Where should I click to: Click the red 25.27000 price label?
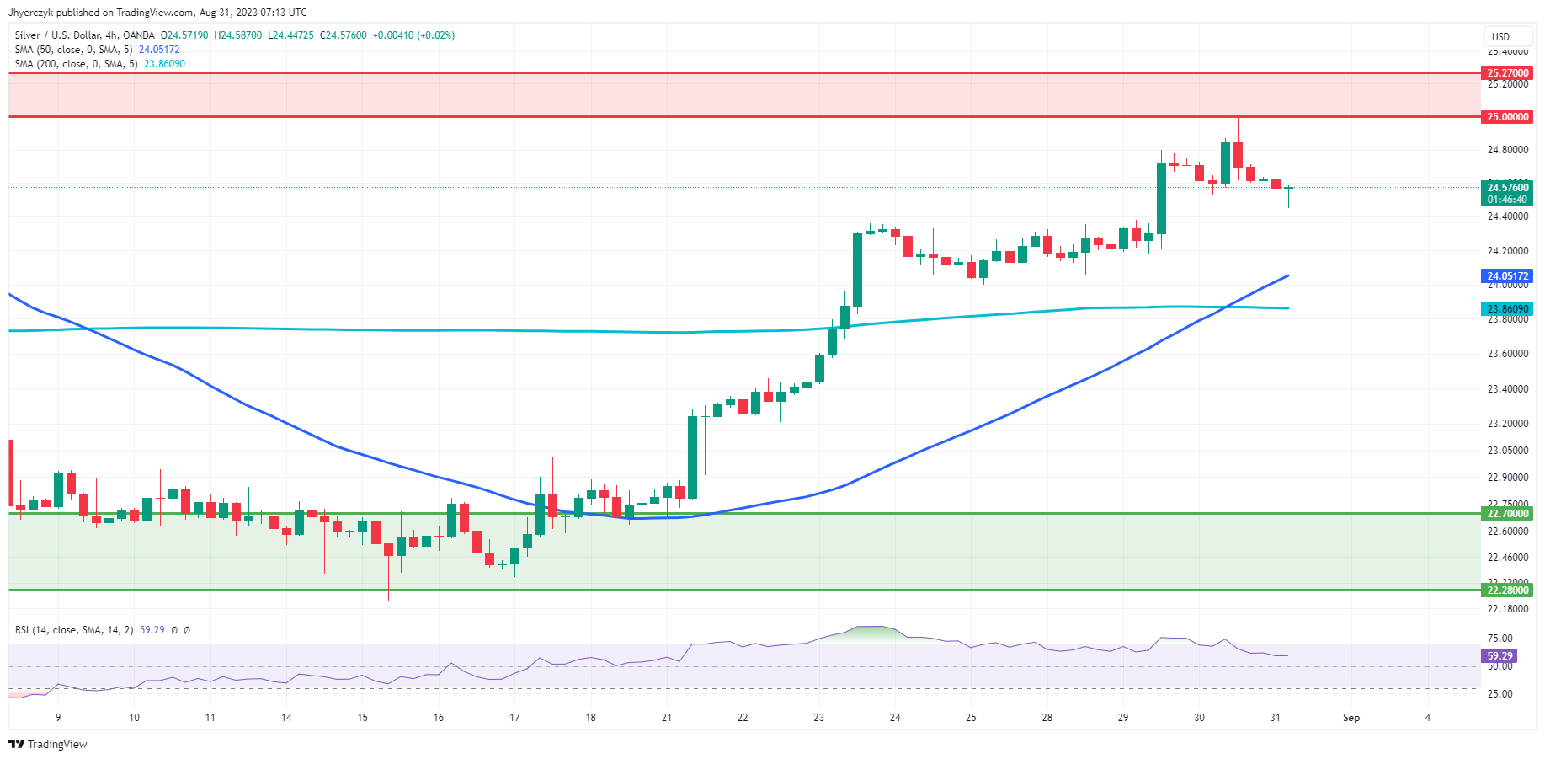1507,73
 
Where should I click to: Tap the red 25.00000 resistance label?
1507,117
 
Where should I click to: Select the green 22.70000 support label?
1507,514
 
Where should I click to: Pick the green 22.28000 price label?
1507,591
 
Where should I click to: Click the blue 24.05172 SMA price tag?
1507,276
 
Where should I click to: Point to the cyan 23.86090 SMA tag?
1507,309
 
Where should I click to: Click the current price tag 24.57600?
1507,188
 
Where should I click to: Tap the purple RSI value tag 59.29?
1499,655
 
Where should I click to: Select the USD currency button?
1500,36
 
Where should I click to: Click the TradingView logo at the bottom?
48,744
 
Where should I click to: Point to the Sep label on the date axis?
1351,718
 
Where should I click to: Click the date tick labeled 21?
667,718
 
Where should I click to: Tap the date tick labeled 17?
514,718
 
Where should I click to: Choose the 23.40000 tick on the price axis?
1507,389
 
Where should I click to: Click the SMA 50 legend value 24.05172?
159,50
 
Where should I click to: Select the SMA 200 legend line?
76,64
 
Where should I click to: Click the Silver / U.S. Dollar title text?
54,35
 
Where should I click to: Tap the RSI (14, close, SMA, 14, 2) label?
74,630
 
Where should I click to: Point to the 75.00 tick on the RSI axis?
1500,639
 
